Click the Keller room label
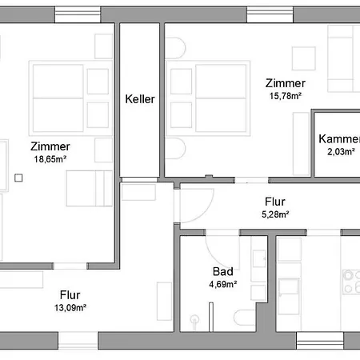(x=139, y=100)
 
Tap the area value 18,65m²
(x=50, y=158)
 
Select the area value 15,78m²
(x=285, y=96)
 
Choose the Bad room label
(x=222, y=272)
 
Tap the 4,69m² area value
(x=222, y=284)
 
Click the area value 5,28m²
(x=275, y=214)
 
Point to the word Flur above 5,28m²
(x=275, y=202)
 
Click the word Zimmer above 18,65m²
(x=50, y=146)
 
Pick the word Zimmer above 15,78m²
(x=285, y=83)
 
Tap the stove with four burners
(x=350, y=282)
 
